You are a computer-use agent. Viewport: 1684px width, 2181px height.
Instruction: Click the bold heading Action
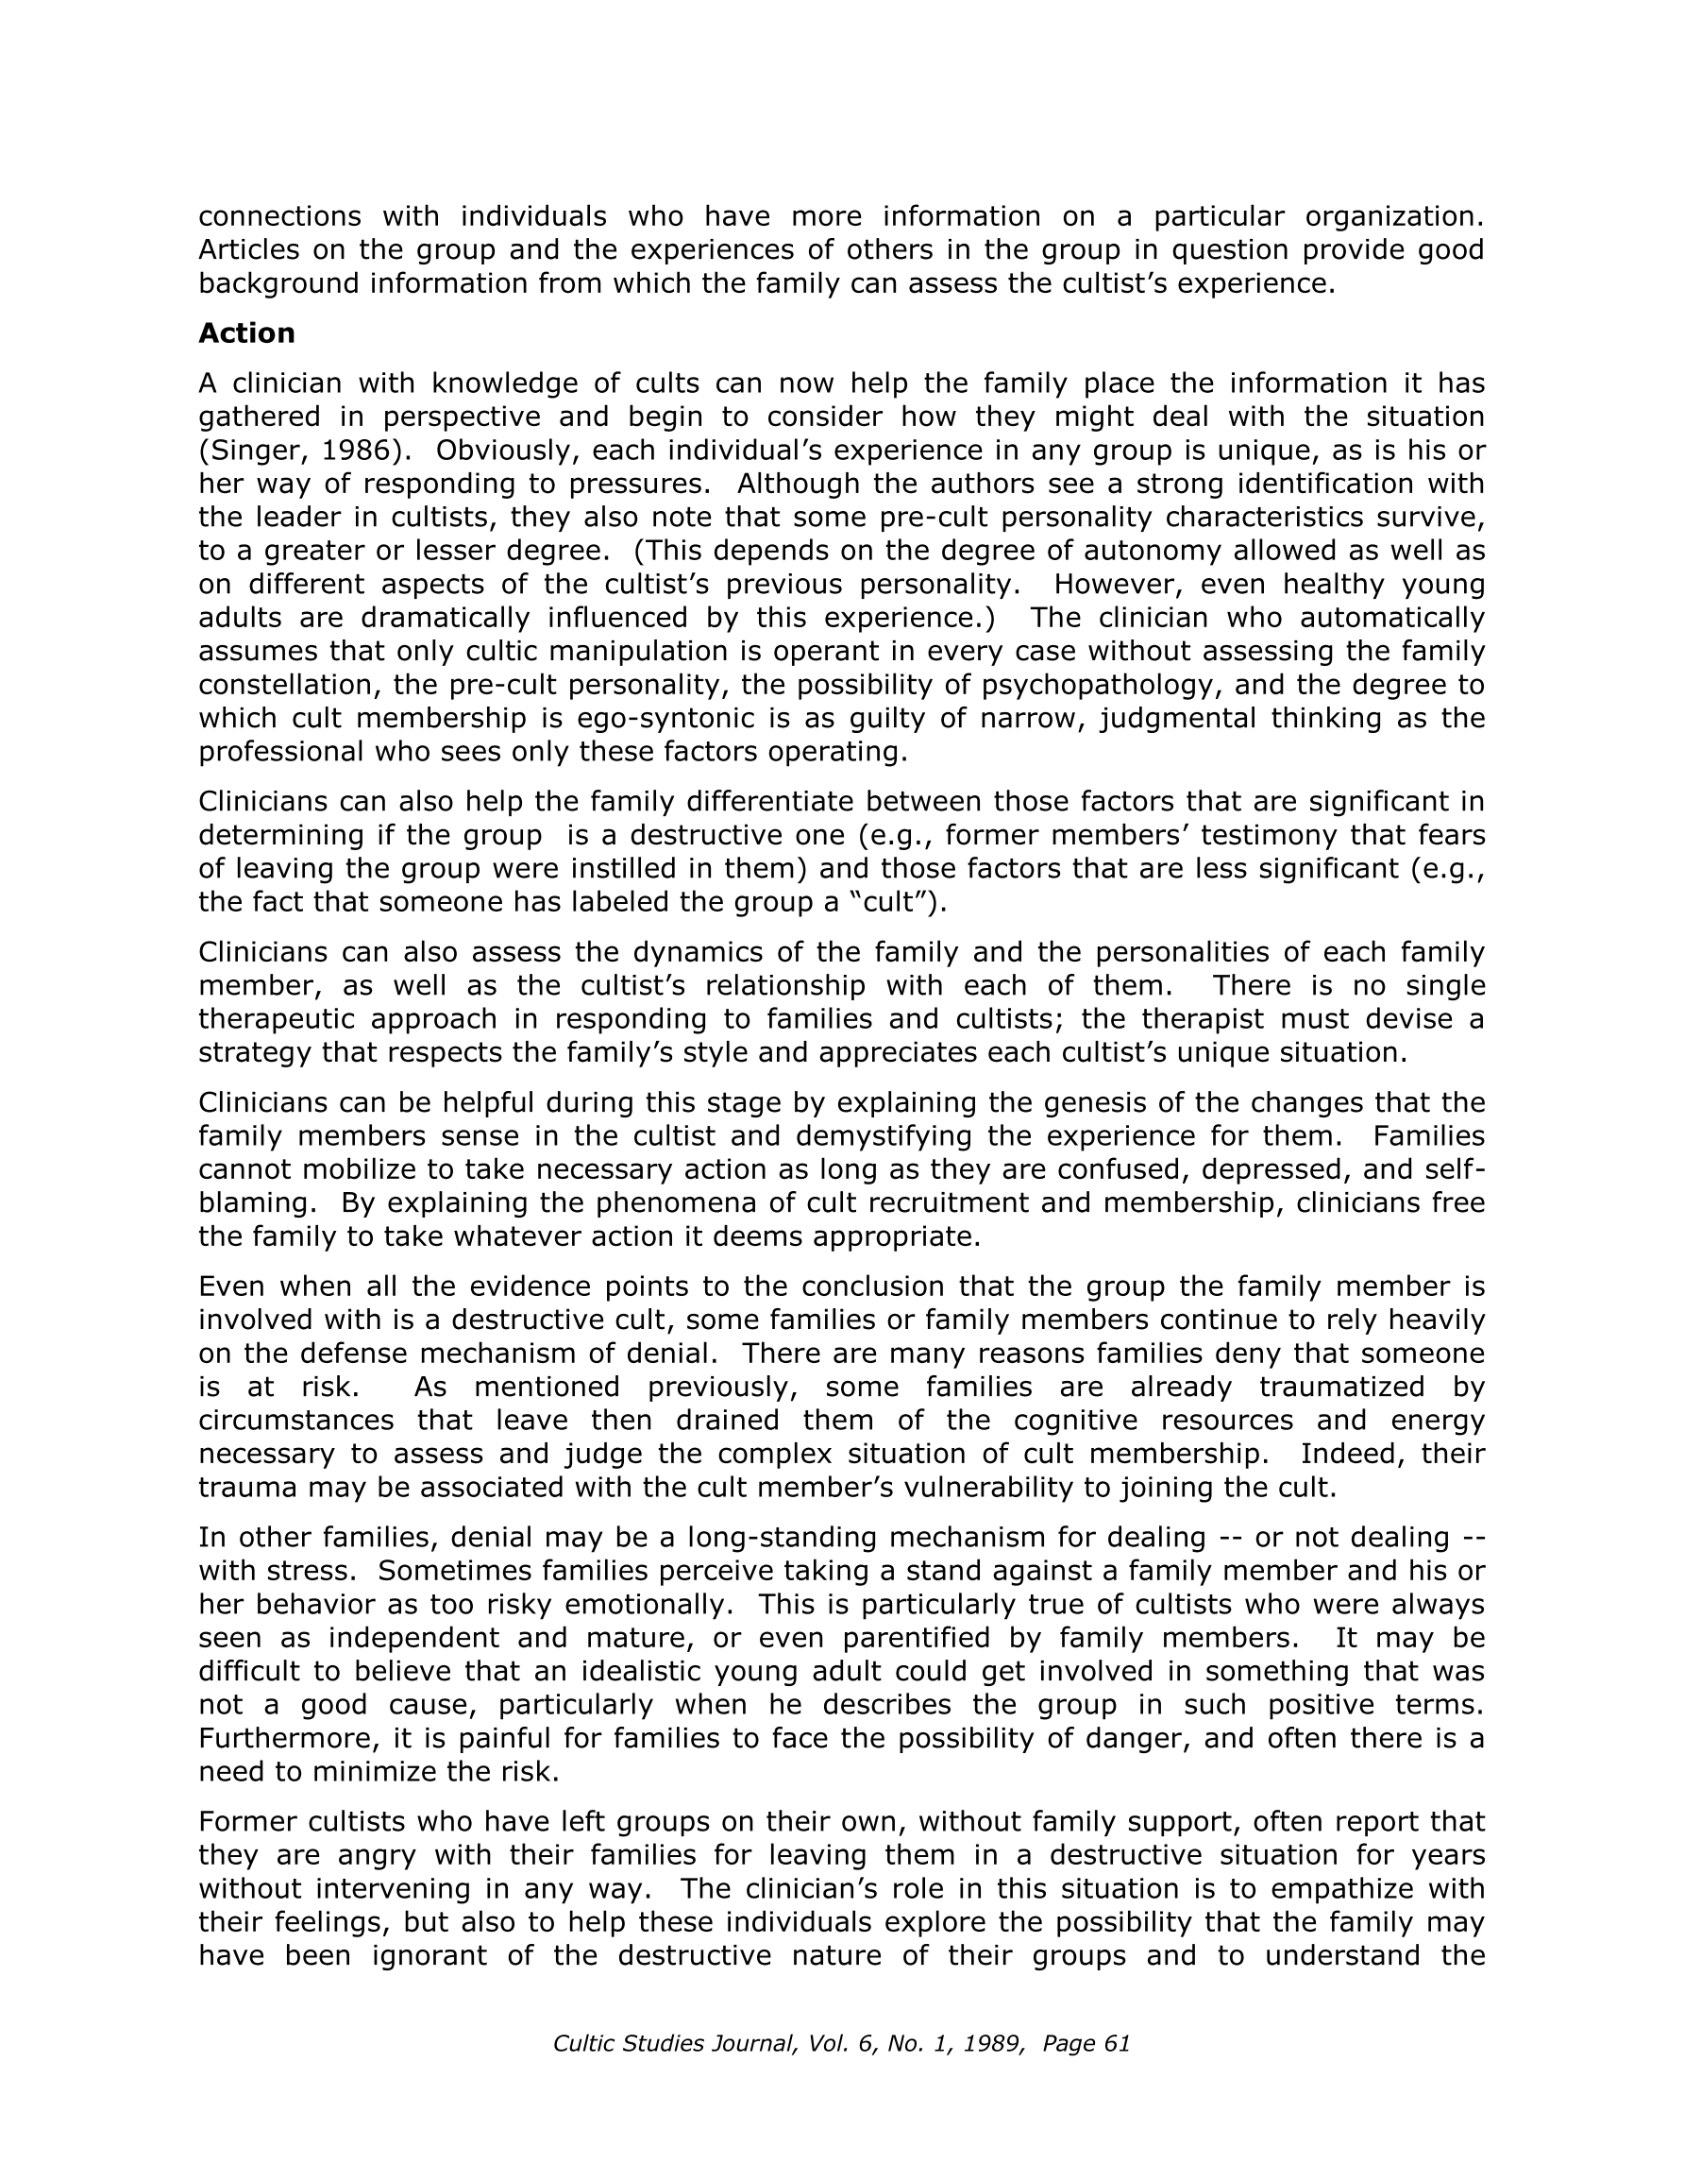coord(246,332)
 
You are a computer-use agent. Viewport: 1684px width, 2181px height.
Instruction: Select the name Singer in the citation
coord(241,451)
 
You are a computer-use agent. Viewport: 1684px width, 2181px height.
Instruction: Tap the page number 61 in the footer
coord(1117,2043)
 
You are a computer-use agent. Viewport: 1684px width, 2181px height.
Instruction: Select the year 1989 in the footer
coord(996,2043)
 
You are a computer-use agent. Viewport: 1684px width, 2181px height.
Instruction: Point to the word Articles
coord(248,249)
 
